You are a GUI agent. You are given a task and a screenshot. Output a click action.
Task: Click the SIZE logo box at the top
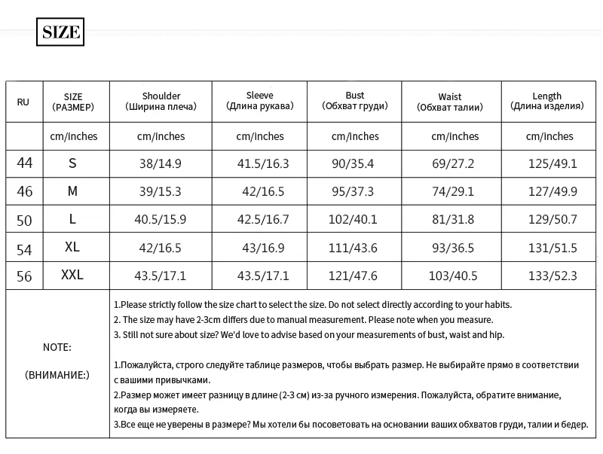click(60, 32)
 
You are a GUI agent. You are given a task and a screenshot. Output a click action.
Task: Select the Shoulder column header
click(161, 101)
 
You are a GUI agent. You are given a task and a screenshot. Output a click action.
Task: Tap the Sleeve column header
click(259, 101)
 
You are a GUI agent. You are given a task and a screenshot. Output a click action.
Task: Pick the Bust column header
click(355, 101)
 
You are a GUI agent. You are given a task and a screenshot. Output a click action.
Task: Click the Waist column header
click(450, 102)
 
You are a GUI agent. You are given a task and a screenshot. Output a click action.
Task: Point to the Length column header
click(546, 101)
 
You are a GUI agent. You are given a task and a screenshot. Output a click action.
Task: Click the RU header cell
click(23, 102)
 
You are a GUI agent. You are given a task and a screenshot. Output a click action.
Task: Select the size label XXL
click(72, 276)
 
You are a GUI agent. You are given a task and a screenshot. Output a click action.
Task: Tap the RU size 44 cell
click(24, 163)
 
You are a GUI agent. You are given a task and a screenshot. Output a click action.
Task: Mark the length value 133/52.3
click(552, 276)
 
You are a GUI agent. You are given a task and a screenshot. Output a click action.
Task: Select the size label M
click(72, 191)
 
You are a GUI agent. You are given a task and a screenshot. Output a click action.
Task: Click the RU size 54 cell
click(24, 248)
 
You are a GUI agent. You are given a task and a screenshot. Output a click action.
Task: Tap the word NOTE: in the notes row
click(57, 347)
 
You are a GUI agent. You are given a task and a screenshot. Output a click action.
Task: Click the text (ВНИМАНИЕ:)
click(57, 374)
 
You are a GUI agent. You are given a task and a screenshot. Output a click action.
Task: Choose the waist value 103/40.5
click(453, 276)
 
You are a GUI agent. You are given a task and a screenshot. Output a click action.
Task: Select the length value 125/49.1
click(552, 163)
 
